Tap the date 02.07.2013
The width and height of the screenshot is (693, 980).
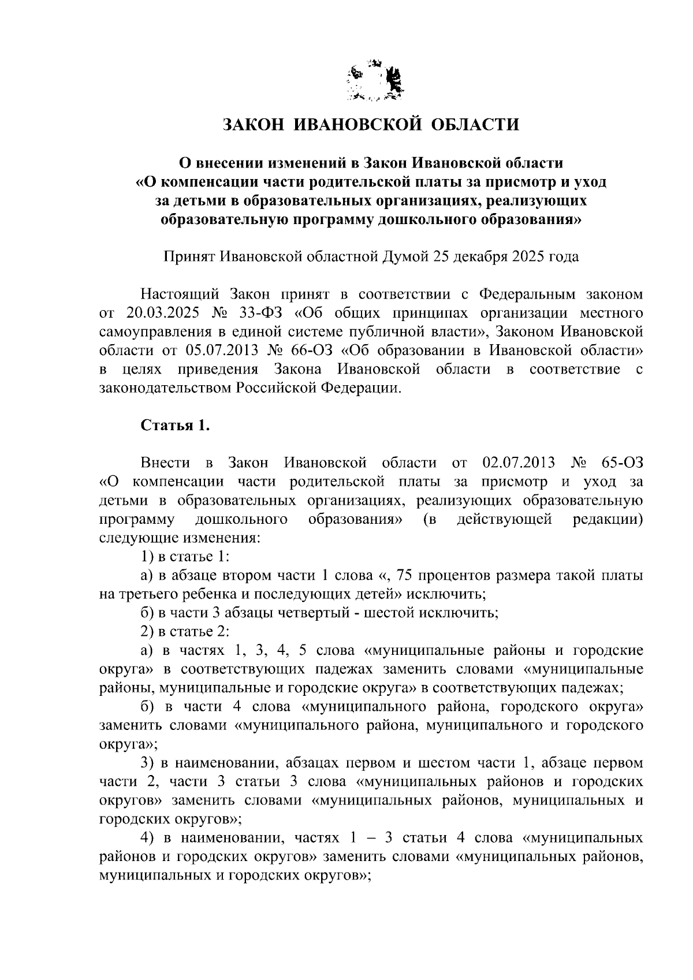(x=517, y=463)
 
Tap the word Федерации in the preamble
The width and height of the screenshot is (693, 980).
(x=362, y=387)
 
